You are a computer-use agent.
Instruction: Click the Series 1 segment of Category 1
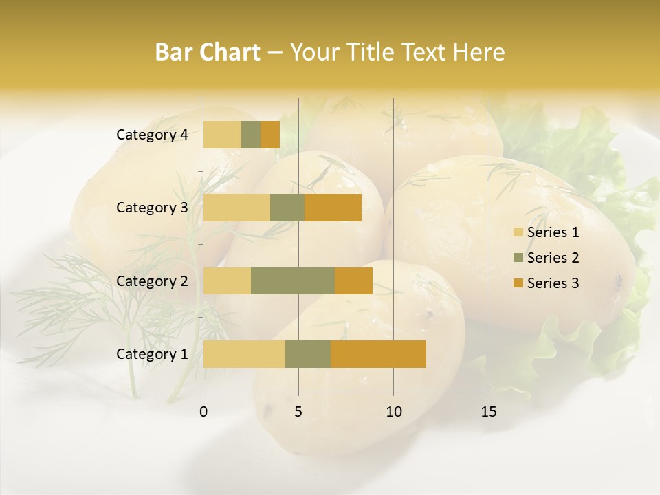coord(244,354)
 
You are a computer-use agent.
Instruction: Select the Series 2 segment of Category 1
coord(308,354)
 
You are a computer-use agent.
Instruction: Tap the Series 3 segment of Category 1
coord(378,354)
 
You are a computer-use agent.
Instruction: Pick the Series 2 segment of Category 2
coord(293,280)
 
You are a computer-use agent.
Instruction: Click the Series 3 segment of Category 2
coord(353,280)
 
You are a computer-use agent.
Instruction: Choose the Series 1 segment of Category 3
coord(236,208)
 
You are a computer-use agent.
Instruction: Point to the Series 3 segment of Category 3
coord(333,208)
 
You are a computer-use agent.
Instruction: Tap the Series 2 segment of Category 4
coord(251,135)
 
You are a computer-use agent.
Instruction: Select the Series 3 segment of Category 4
coord(270,135)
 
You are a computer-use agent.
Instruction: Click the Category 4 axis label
coord(152,135)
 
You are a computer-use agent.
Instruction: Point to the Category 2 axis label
coord(152,280)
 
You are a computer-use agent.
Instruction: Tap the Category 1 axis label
coord(152,354)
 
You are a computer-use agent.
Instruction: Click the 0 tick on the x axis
coord(203,412)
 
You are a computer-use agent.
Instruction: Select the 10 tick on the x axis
coord(393,412)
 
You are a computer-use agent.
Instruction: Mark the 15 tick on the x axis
coord(489,412)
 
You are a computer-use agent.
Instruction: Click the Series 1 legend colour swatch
coord(518,232)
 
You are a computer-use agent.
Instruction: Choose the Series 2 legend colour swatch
coord(518,258)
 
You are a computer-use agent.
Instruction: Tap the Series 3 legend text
coord(553,283)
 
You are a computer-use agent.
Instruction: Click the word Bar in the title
coord(175,52)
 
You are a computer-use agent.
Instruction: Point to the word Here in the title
coord(478,52)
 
